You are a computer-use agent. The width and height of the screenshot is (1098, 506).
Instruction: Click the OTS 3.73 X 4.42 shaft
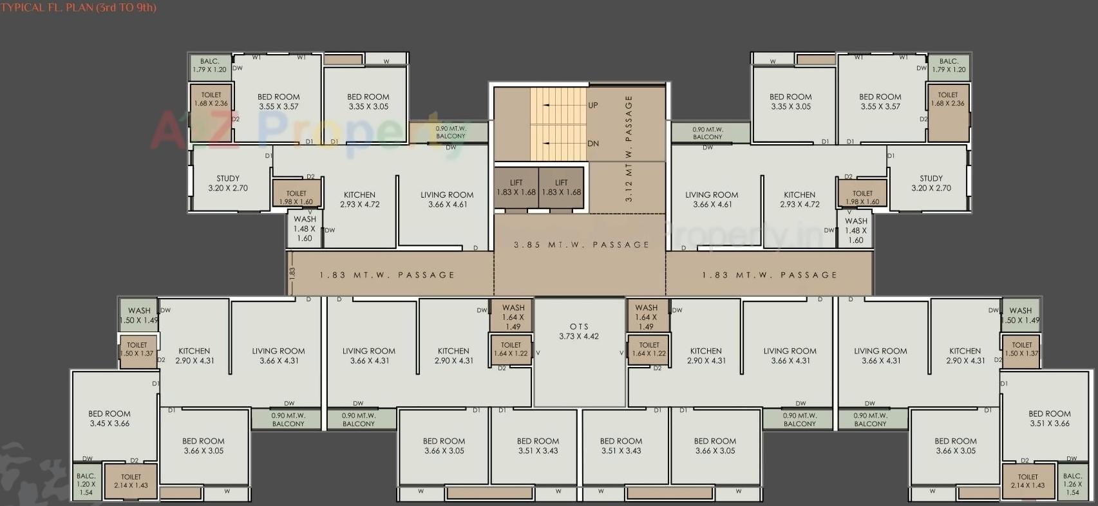[x=579, y=332]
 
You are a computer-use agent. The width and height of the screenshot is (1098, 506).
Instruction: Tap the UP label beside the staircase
[x=593, y=105]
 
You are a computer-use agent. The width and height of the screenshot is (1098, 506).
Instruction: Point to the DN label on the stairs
[x=593, y=144]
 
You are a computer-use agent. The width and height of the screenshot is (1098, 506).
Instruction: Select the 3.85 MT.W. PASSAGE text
[x=582, y=245]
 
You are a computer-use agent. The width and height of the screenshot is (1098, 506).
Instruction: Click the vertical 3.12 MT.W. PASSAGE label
[x=629, y=149]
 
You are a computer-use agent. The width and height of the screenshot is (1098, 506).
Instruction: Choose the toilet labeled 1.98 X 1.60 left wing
[x=296, y=196]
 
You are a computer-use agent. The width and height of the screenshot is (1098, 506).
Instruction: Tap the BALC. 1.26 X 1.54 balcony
[x=1072, y=484]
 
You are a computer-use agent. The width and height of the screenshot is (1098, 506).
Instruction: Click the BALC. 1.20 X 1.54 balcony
[x=86, y=484]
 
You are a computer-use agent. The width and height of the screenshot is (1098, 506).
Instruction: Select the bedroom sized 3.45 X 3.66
[x=109, y=418]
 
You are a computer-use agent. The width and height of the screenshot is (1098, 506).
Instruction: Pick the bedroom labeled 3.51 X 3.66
[x=1049, y=418]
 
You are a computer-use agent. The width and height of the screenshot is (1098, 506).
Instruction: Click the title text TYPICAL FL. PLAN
[x=78, y=8]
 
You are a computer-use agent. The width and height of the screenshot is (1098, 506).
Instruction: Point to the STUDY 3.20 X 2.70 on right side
[x=931, y=183]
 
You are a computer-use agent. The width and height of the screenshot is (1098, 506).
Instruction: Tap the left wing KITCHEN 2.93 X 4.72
[x=359, y=199]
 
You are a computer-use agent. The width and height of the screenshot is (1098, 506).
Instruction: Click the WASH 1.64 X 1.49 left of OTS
[x=513, y=317]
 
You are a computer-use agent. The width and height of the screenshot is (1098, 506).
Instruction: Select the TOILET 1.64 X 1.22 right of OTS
[x=648, y=349]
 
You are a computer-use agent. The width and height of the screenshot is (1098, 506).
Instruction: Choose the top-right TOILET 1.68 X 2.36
[x=948, y=99]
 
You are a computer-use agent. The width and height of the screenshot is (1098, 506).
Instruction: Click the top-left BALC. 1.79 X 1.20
[x=209, y=65]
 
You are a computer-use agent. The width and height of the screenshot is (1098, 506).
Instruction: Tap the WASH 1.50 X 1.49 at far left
[x=139, y=315]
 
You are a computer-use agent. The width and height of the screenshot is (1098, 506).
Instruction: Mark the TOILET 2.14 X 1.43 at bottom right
[x=1028, y=482]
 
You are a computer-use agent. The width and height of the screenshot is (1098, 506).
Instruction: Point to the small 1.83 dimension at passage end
[x=292, y=272]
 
